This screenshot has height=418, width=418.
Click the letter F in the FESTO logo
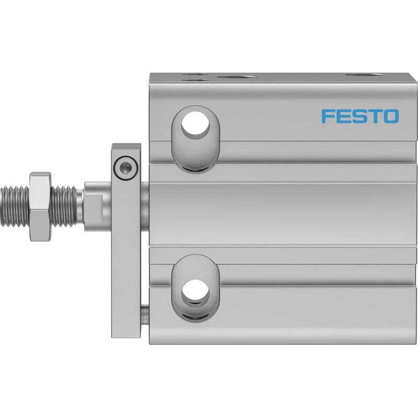click(x=328, y=116)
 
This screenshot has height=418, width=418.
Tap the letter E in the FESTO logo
click(x=342, y=116)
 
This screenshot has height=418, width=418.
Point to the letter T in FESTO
click(x=373, y=116)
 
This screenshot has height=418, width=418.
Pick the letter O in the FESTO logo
click(x=389, y=116)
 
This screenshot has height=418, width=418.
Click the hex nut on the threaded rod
click(x=40, y=206)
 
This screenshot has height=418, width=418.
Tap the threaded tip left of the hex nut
click(x=15, y=206)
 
